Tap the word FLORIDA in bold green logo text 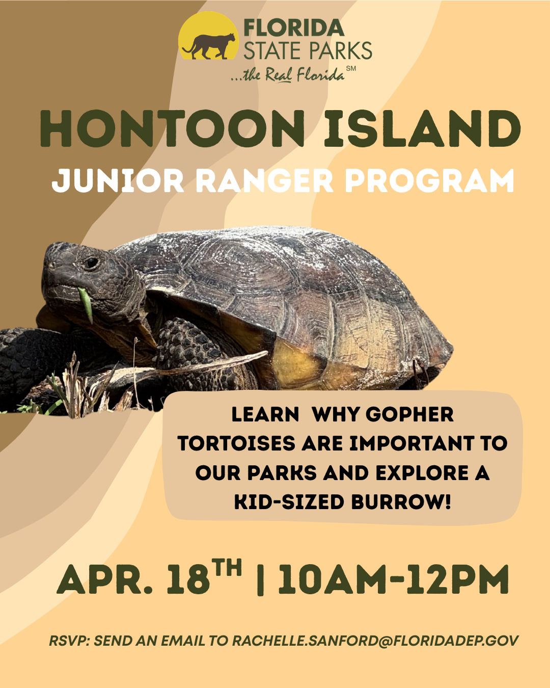(x=294, y=28)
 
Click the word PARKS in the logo (x=340, y=51)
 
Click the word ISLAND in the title (x=422, y=128)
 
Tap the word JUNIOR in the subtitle (x=118, y=181)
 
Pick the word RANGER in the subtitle (x=264, y=181)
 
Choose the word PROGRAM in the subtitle (x=429, y=181)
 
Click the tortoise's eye (x=92, y=263)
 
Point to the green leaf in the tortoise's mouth (x=86, y=304)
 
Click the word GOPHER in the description (x=410, y=414)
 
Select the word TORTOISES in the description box (x=236, y=443)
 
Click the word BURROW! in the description (x=401, y=502)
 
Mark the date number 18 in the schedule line (x=188, y=579)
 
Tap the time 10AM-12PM (x=393, y=579)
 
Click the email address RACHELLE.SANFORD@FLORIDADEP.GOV (x=375, y=641)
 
